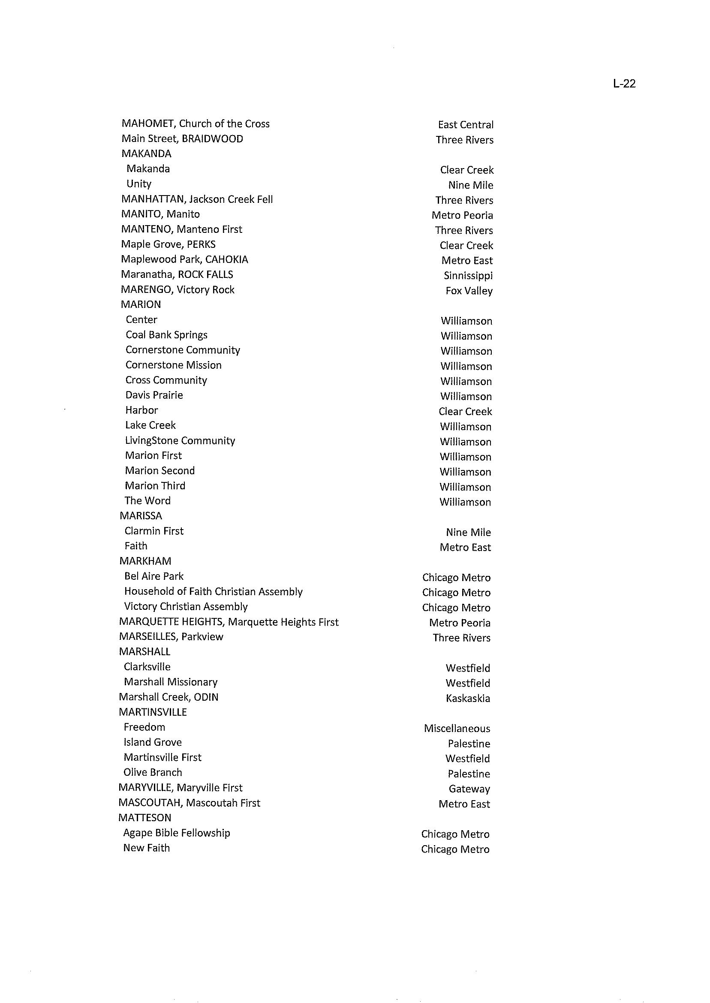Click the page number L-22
tap(624, 84)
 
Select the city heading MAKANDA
tap(146, 154)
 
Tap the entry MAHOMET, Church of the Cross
tap(196, 124)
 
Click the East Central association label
tap(466, 125)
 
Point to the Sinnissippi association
tap(468, 276)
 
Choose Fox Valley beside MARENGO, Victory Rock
tap(469, 291)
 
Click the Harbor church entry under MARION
tap(141, 410)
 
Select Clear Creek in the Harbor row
tap(465, 412)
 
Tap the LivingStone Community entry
tap(180, 440)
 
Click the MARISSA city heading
tap(141, 516)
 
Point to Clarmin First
tap(154, 531)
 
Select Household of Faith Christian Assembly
tap(214, 592)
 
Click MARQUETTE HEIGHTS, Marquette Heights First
tap(229, 622)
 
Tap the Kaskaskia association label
tap(468, 699)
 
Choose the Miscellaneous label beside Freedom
tap(457, 729)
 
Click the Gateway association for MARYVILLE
tap(469, 789)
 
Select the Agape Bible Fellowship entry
tap(177, 833)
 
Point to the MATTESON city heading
tap(145, 818)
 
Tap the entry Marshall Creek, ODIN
tap(168, 697)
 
